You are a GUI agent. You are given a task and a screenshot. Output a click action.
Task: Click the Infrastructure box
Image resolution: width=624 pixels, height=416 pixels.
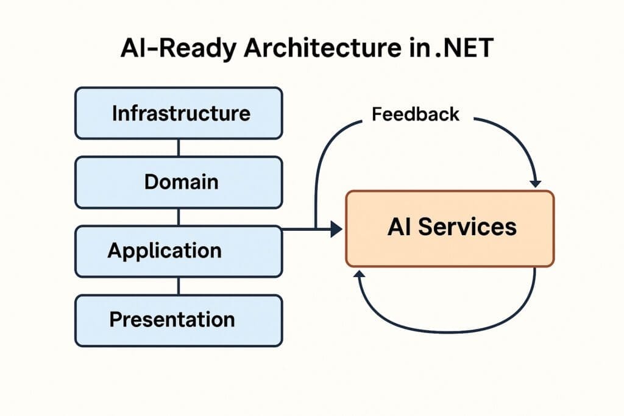(x=178, y=113)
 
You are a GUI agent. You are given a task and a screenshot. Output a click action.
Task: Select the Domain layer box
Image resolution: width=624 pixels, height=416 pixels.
(x=178, y=182)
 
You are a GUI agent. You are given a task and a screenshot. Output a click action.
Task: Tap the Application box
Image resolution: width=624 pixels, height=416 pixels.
(x=178, y=251)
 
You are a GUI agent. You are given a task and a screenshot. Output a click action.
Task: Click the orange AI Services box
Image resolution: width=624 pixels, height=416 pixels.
(x=450, y=228)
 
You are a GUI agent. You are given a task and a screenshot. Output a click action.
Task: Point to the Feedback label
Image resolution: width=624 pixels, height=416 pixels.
(x=416, y=114)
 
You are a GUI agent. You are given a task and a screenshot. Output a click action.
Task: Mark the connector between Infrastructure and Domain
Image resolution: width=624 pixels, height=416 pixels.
(x=178, y=147)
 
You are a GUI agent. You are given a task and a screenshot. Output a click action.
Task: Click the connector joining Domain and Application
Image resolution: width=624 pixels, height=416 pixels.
(x=178, y=216)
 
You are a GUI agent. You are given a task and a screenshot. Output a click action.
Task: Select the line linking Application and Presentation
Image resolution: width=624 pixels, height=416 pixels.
(x=178, y=286)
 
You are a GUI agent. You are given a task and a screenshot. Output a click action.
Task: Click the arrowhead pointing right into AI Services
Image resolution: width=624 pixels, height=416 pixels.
(x=336, y=229)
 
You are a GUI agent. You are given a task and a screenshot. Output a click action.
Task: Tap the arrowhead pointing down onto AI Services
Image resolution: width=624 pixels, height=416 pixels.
(x=536, y=182)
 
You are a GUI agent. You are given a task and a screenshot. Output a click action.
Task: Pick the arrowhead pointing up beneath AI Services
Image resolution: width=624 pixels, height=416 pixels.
(x=360, y=276)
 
